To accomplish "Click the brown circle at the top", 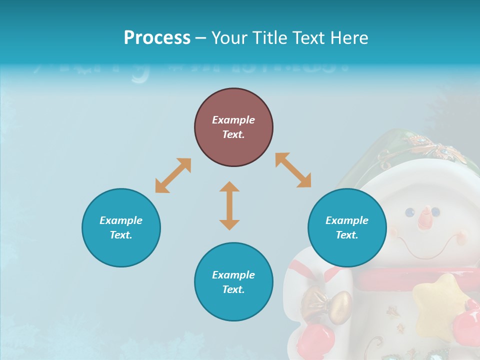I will coord(233,127).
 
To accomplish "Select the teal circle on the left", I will coord(121,227).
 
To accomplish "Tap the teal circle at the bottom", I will coord(233,282).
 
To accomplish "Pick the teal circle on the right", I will coord(347,227).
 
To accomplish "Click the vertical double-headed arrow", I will coord(229,205).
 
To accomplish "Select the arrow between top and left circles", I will coord(173,175).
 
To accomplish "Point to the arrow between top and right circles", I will coord(293,170).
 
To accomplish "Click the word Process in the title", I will coord(157,37).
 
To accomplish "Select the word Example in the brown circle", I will coord(233,120).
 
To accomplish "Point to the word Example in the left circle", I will coord(121,220).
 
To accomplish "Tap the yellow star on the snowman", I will coord(436,302).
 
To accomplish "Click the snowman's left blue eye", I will coord(410,211).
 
